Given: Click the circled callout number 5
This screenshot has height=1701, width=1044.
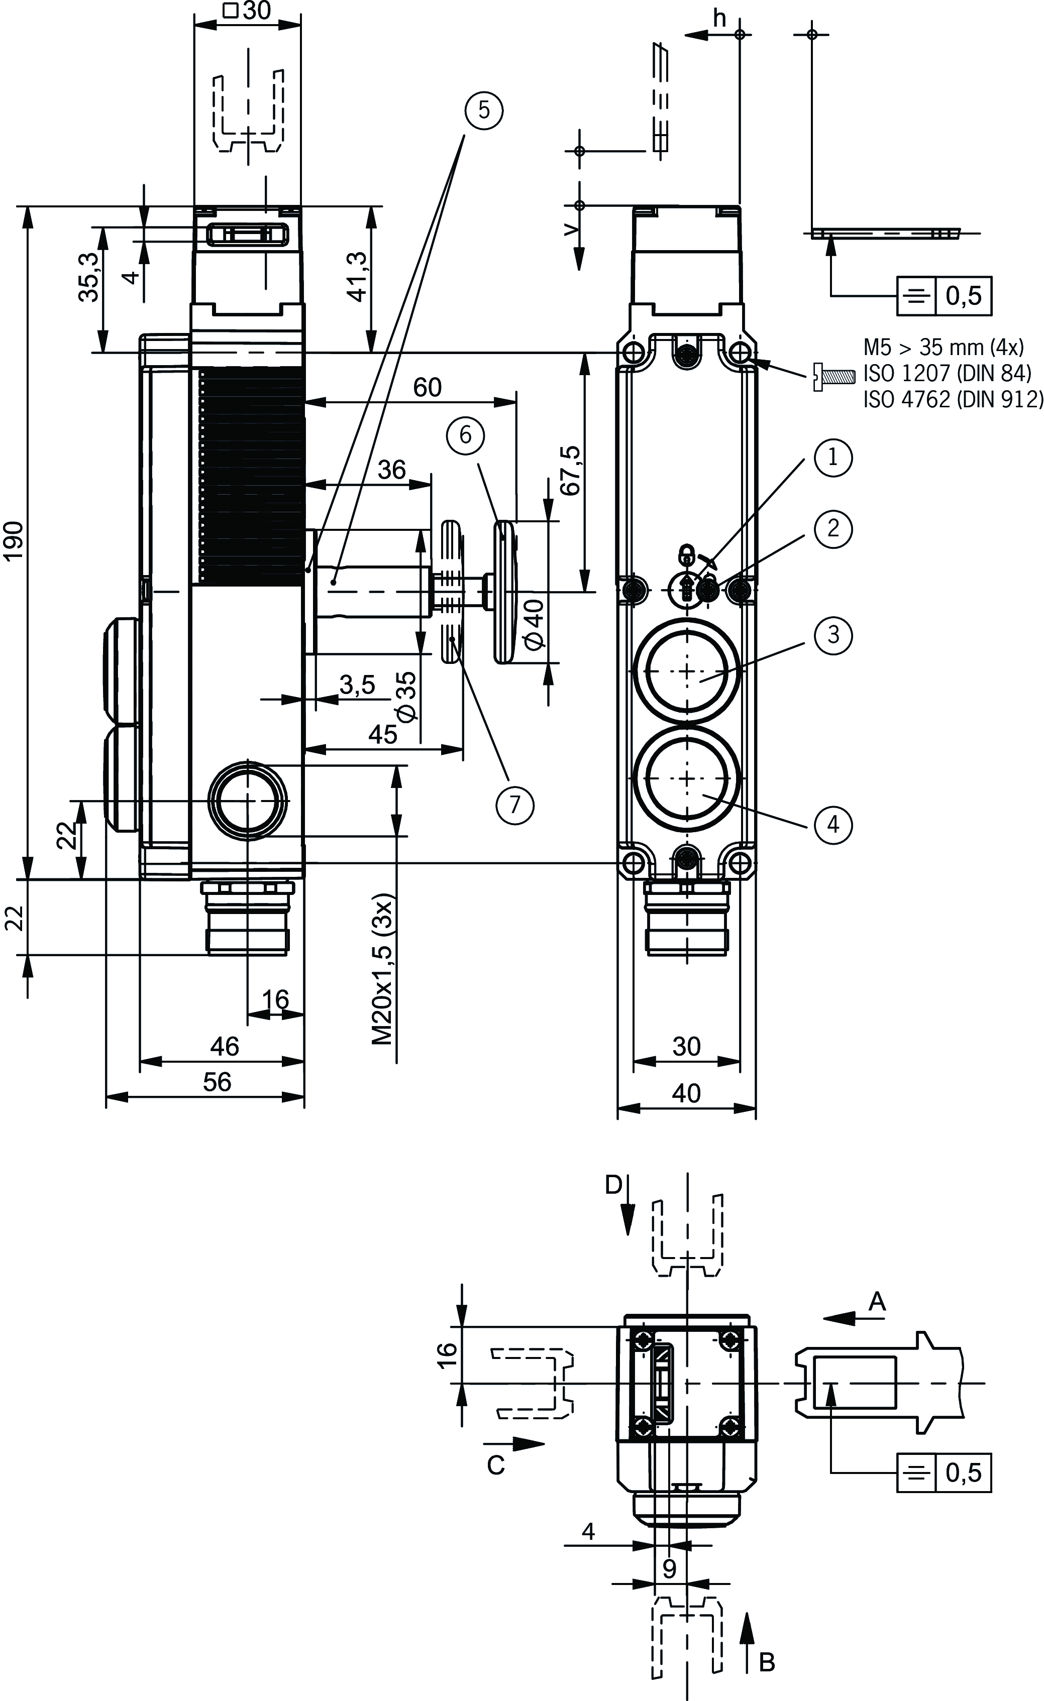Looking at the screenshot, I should pyautogui.click(x=483, y=110).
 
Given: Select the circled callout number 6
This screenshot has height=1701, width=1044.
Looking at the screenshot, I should pyautogui.click(x=465, y=435).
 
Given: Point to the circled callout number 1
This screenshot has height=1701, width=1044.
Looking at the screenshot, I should pyautogui.click(x=832, y=457).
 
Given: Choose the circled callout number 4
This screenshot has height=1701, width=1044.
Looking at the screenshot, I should pyautogui.click(x=832, y=824).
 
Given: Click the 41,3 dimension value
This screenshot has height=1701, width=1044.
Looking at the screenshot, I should pyautogui.click(x=358, y=276).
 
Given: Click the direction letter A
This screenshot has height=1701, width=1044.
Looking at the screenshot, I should pyautogui.click(x=876, y=1301).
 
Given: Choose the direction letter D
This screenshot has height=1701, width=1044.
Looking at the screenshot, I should pyautogui.click(x=613, y=1185).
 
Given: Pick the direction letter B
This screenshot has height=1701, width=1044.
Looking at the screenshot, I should pyautogui.click(x=767, y=1662).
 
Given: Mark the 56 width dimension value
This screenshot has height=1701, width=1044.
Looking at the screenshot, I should pyautogui.click(x=217, y=1082).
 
